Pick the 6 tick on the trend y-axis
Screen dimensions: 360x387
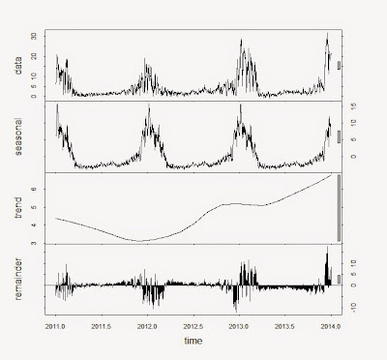[x=36, y=190]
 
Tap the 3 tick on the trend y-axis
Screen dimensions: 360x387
[x=36, y=242]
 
